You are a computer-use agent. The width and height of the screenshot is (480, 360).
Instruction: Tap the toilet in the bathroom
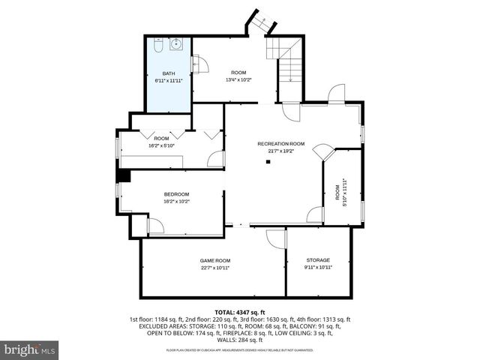(x=159, y=46)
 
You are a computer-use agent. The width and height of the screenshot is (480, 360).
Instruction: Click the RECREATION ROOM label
(x=281, y=143)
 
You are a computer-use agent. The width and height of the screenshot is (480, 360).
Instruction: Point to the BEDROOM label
(x=176, y=194)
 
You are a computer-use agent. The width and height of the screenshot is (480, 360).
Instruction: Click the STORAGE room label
(x=318, y=260)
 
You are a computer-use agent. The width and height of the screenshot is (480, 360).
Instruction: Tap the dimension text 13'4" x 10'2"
(x=238, y=79)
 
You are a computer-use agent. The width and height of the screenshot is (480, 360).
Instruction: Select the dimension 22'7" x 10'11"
(x=214, y=268)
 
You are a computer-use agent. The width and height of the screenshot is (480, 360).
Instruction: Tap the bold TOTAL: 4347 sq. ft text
(x=240, y=312)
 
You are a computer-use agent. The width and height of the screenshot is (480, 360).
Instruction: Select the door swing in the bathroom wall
(x=200, y=66)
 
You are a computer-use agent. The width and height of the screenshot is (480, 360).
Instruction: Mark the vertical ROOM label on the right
(x=337, y=195)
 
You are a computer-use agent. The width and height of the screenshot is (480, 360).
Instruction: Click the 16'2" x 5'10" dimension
(x=162, y=145)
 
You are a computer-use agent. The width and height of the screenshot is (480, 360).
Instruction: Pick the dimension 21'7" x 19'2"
(x=281, y=151)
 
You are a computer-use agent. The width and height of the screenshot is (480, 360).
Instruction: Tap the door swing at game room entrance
(x=276, y=238)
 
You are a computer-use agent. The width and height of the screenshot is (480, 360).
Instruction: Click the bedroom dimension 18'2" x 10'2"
(x=176, y=202)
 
